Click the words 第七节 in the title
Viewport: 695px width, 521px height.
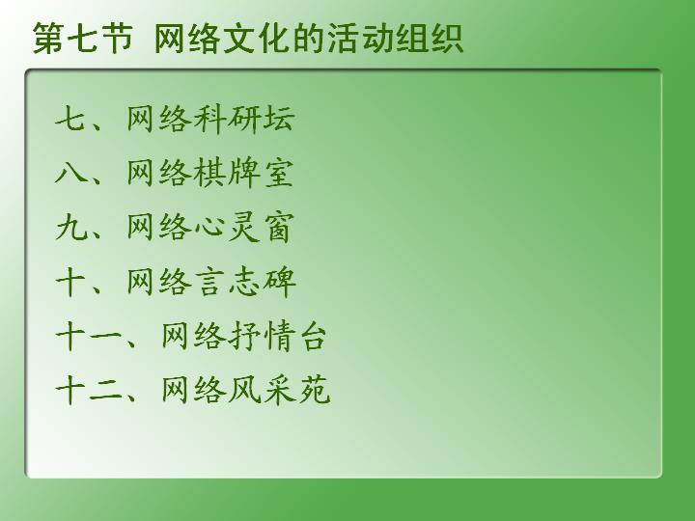tap(83, 39)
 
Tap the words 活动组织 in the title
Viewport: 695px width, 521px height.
tap(396, 39)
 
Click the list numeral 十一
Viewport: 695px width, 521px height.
tap(88, 336)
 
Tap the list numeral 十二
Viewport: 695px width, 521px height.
tap(88, 390)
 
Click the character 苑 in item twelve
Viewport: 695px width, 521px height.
tap(315, 390)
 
